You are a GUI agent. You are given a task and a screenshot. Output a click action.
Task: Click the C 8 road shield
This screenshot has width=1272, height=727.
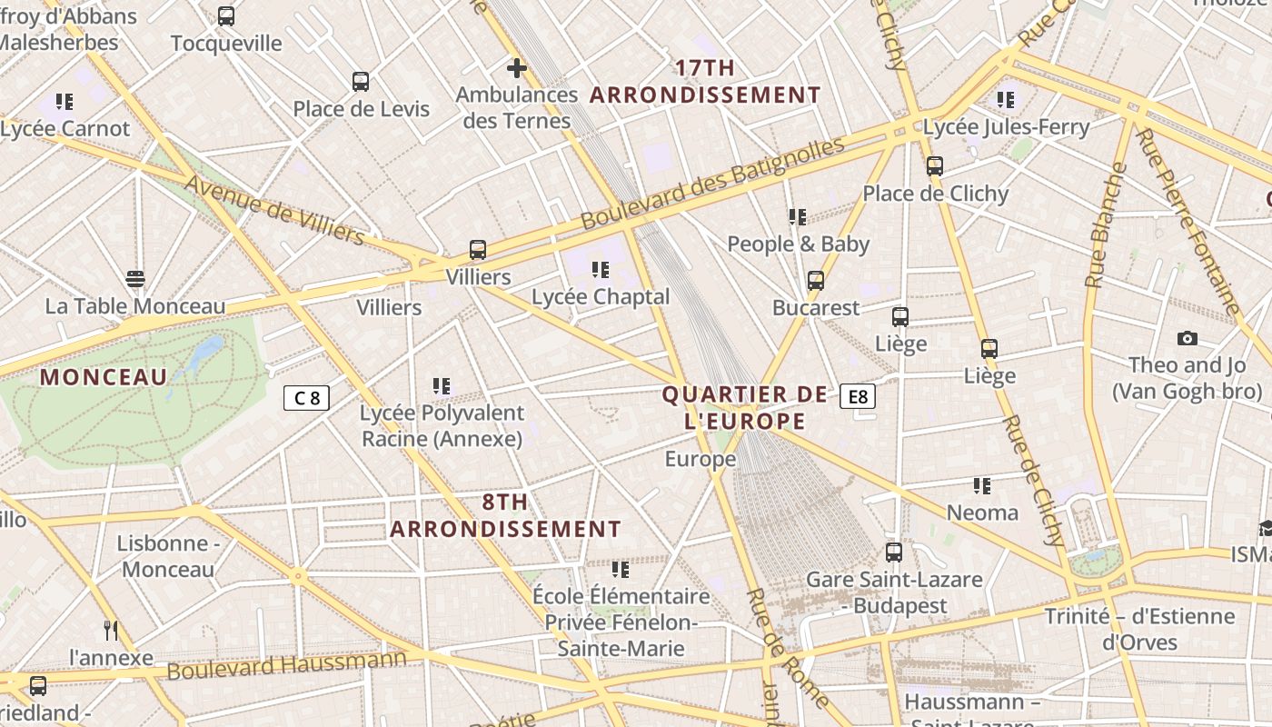[x=306, y=397]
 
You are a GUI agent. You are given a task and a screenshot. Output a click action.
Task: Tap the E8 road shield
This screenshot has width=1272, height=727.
[x=859, y=396]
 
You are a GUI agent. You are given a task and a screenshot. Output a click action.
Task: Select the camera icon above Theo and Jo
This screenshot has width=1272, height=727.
[x=1187, y=338]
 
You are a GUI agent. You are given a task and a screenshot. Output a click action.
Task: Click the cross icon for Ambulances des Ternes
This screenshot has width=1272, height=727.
[x=517, y=67]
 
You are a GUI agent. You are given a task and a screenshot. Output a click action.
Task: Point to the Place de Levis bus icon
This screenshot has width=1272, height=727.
[x=361, y=82]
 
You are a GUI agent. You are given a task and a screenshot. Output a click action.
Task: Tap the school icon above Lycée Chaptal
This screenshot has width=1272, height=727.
[x=600, y=270]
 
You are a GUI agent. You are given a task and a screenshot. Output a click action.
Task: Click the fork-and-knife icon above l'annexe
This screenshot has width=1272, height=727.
[x=111, y=630]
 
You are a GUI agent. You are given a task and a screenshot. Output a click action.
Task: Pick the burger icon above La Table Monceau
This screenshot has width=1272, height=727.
[x=135, y=279]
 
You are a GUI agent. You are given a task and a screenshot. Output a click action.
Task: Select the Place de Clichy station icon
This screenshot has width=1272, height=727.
[x=935, y=166]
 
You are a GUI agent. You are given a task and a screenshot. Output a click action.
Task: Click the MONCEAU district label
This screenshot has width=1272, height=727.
[x=104, y=377]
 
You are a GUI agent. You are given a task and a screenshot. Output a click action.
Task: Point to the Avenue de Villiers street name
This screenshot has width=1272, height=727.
[x=274, y=211]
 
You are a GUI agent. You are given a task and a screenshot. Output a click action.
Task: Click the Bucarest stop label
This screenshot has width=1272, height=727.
[x=816, y=308]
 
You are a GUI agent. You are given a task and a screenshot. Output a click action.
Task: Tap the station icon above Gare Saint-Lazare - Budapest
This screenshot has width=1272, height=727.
[x=894, y=553]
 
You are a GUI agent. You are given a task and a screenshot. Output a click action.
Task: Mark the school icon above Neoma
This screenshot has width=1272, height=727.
[x=982, y=486]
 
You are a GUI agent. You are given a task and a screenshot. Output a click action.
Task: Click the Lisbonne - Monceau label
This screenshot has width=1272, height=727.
[x=168, y=556]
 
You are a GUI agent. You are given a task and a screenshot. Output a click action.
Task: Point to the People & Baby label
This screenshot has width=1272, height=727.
[x=799, y=244]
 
